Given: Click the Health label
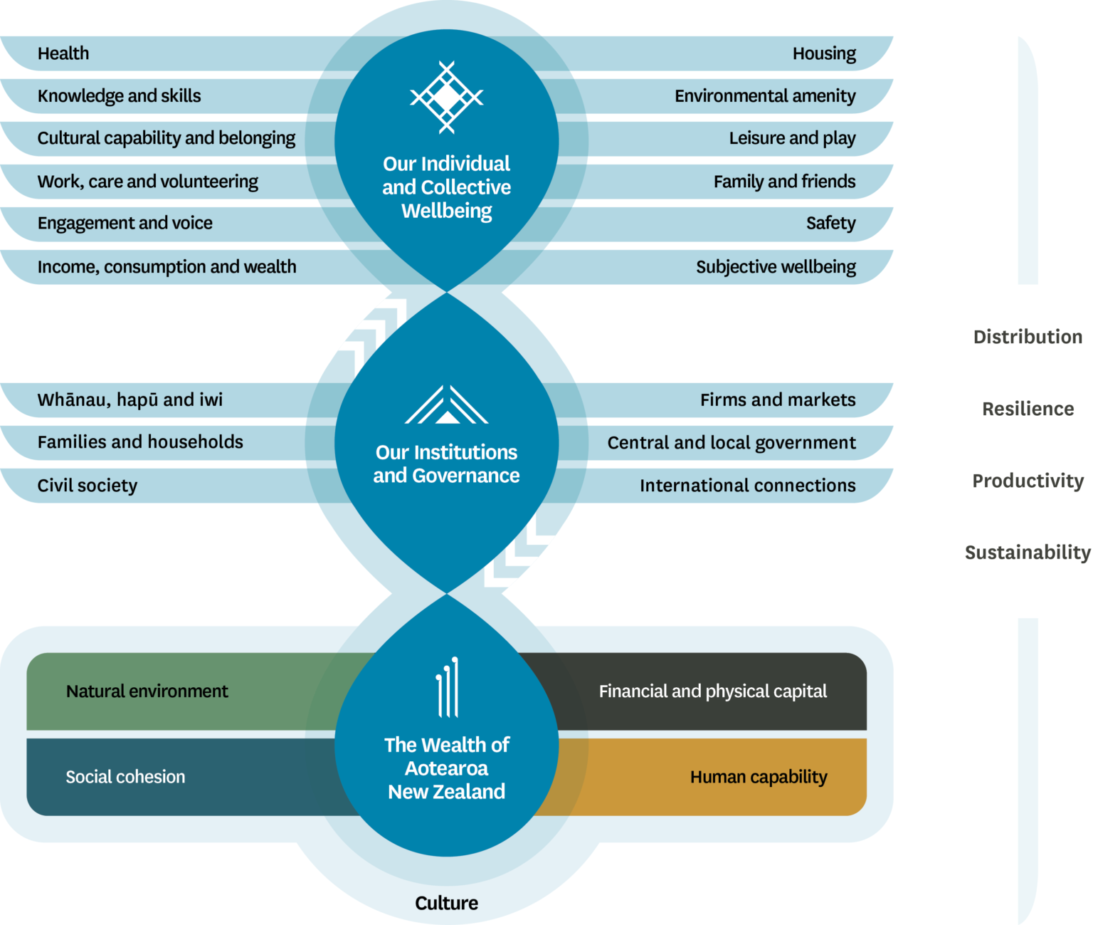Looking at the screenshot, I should pyautogui.click(x=63, y=53).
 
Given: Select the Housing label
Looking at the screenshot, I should pyautogui.click(x=824, y=53).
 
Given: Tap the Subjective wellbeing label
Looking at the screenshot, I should pyautogui.click(x=776, y=267).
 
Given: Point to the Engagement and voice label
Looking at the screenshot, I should pyautogui.click(x=125, y=224).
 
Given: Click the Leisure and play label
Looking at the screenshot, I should pyautogui.click(x=792, y=138).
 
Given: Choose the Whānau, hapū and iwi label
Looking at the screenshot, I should pyautogui.click(x=130, y=400).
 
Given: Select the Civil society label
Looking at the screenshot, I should pyautogui.click(x=87, y=486).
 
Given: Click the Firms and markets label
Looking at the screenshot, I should pyautogui.click(x=777, y=400).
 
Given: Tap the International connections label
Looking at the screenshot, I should pyautogui.click(x=747, y=486).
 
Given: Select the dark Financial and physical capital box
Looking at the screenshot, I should pyautogui.click(x=712, y=691).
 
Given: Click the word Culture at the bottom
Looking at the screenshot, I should pyautogui.click(x=446, y=903).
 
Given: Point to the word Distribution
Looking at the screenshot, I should pyautogui.click(x=1028, y=337).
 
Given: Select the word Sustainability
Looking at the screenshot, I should pyautogui.click(x=1028, y=553).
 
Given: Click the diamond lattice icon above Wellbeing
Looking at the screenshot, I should pyautogui.click(x=446, y=98).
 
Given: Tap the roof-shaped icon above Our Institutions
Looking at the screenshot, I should pyautogui.click(x=446, y=406).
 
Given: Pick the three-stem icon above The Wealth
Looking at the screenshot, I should pyautogui.click(x=447, y=687).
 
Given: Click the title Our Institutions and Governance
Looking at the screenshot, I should pyautogui.click(x=446, y=464).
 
